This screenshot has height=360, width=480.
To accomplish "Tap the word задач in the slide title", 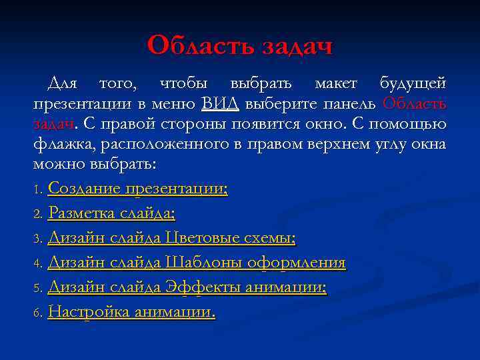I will click(x=293, y=46).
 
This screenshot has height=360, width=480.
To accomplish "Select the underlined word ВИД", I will click(x=220, y=105).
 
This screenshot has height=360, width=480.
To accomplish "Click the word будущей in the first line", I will click(x=413, y=85).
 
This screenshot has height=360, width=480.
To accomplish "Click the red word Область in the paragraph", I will click(x=415, y=105).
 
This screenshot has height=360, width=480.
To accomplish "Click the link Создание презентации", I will click(x=138, y=189).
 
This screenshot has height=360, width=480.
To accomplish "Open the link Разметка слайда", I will click(x=112, y=214).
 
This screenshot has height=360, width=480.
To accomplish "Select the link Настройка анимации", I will click(x=132, y=312).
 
